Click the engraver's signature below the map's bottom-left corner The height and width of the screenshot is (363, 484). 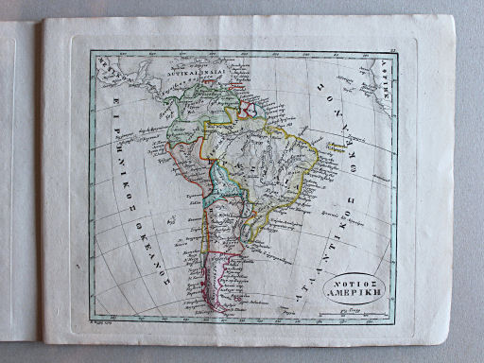[102, 321]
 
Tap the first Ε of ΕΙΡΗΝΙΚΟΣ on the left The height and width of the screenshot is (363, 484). [119, 78]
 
